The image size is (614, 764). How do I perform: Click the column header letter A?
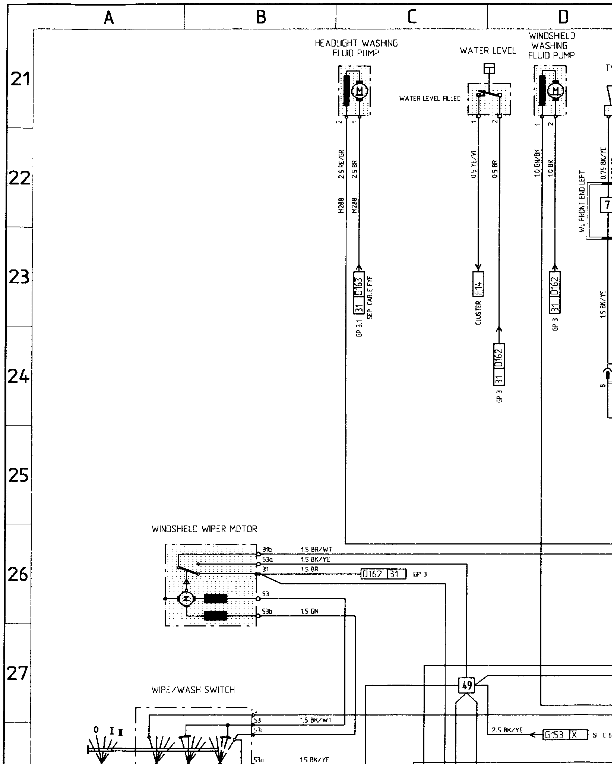(x=108, y=17)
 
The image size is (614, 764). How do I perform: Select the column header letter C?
(x=411, y=17)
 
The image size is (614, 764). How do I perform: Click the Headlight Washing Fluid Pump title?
(x=356, y=48)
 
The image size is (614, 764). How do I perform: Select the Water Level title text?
(x=488, y=51)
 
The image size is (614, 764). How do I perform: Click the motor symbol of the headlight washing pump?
(x=360, y=91)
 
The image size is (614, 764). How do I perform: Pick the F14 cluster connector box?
(x=478, y=284)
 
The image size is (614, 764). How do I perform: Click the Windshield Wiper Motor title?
(x=204, y=529)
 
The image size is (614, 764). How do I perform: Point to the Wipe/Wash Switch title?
(x=193, y=690)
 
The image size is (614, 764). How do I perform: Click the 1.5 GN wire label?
(x=309, y=611)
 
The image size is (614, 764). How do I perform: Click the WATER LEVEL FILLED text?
(x=430, y=99)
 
